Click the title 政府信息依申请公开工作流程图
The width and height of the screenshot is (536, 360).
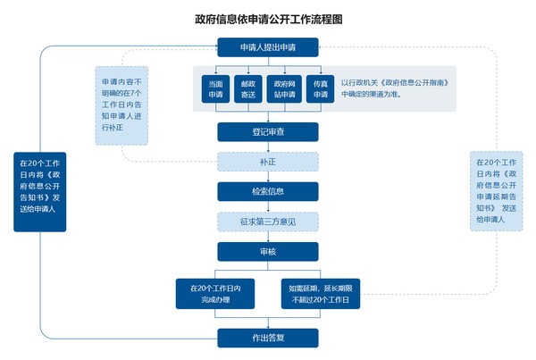(268, 18)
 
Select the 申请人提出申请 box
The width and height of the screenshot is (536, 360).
(268, 47)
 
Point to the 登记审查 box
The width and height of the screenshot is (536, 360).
(268, 131)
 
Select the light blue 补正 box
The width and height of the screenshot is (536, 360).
(268, 162)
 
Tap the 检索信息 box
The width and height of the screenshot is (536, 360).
(268, 191)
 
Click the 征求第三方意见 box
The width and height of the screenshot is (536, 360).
(268, 221)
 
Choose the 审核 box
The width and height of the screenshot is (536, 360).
(268, 251)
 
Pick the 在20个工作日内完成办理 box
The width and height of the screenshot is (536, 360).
(215, 293)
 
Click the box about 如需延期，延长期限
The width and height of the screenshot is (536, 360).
(320, 293)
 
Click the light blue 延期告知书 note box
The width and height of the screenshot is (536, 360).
(497, 190)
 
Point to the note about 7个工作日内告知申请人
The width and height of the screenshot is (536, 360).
(121, 105)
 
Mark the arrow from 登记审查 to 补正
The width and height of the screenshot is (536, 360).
(268, 147)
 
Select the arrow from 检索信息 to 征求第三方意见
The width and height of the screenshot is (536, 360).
(268, 205)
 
